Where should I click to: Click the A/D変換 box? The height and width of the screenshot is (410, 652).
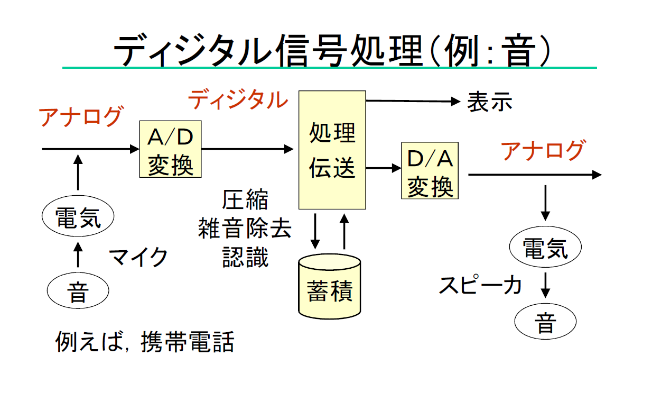click(170, 149)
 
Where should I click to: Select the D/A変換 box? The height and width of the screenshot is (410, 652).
click(430, 170)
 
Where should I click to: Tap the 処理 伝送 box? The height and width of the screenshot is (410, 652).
click(332, 150)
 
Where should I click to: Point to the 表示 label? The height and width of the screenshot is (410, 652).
click(489, 103)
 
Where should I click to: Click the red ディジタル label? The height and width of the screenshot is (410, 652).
click(238, 99)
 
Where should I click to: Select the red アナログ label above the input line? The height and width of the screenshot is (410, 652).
click(81, 116)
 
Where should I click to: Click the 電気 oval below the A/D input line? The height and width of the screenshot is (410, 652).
click(78, 217)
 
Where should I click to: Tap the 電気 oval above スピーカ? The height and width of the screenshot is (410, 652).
click(545, 247)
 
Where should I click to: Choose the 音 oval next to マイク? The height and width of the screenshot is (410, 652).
click(78, 291)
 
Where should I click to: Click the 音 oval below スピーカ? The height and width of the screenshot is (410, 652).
click(545, 322)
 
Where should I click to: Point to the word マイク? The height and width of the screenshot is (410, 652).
click(138, 258)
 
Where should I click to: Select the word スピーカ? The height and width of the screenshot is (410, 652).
click(480, 285)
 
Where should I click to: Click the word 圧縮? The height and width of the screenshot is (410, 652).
click(245, 201)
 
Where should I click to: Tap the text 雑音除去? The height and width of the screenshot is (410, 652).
click(245, 229)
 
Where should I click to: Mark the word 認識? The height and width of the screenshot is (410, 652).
click(245, 258)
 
